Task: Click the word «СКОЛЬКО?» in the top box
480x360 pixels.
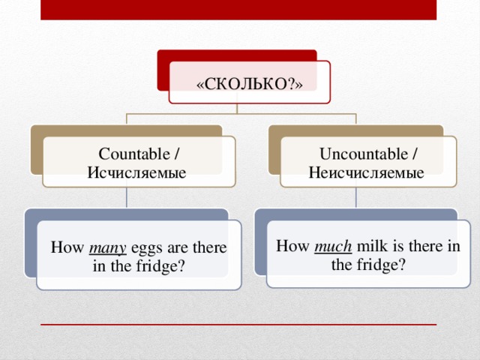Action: [x=249, y=84]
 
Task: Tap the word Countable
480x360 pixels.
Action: [x=136, y=154]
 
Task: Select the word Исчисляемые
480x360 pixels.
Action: [x=136, y=172]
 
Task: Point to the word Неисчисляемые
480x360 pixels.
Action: [x=366, y=172]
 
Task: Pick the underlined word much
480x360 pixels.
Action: [x=328, y=247]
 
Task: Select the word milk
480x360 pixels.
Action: [x=370, y=246]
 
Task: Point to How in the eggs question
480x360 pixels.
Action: [x=66, y=248]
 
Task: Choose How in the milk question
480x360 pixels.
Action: [x=291, y=246]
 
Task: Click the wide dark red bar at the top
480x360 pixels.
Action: [x=238, y=10]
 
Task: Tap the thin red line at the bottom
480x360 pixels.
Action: [x=238, y=325]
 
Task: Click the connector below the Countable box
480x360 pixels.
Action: [x=127, y=197]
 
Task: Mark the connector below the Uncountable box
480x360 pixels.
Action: [x=356, y=197]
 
